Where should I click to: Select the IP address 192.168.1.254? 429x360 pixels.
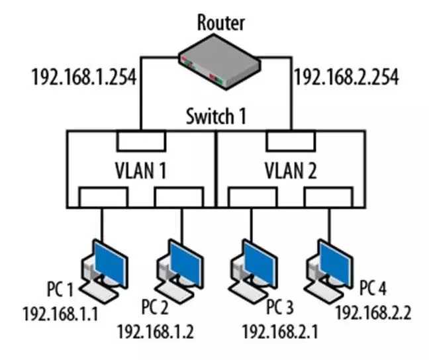(x=83, y=77)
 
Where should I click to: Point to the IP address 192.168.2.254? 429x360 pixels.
(x=346, y=77)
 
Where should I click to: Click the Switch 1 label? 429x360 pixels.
(x=216, y=117)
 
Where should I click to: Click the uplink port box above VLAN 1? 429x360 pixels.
(x=141, y=141)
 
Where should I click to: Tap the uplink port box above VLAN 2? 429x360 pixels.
(x=290, y=141)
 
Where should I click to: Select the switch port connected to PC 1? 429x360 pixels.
(x=103, y=197)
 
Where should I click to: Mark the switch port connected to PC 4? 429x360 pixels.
(x=328, y=197)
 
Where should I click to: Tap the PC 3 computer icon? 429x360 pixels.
(x=252, y=268)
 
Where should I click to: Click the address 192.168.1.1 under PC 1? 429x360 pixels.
(x=60, y=312)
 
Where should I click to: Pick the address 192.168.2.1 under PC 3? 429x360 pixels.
(x=280, y=330)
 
